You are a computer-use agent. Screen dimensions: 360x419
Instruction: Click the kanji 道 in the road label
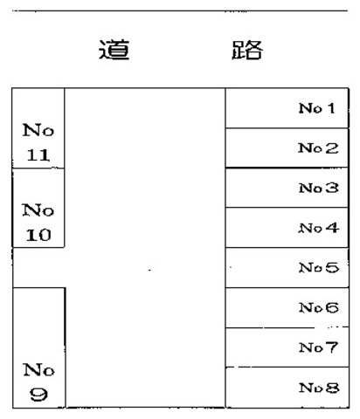tap(114, 50)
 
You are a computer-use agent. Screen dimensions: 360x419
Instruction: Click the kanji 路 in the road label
tap(247, 50)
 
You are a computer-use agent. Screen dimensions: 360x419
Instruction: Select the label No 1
tap(316, 108)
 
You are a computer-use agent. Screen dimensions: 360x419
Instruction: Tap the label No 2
tap(318, 148)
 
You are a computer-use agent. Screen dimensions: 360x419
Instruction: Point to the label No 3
tap(319, 188)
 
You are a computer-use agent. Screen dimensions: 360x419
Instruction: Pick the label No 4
tap(319, 228)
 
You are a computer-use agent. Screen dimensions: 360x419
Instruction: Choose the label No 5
tap(319, 268)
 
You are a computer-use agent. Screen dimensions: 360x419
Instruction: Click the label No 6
tap(319, 307)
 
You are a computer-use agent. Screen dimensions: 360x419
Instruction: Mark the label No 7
tap(319, 347)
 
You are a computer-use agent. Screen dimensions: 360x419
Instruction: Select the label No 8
tap(319, 388)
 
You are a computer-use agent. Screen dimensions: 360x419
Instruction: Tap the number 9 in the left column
tap(38, 395)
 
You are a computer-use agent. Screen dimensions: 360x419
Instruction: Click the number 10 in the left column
tap(38, 235)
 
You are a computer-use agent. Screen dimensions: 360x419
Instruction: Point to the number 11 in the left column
tap(38, 155)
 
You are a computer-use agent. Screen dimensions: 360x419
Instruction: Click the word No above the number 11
tap(38, 130)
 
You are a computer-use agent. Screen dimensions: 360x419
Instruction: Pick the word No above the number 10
tap(38, 210)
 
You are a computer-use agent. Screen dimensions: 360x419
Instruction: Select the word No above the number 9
tap(38, 370)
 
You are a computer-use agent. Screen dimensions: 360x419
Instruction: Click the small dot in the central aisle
tap(149, 270)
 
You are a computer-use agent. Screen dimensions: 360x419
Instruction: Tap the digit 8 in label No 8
tap(332, 388)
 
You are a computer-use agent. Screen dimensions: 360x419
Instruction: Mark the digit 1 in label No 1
tap(330, 108)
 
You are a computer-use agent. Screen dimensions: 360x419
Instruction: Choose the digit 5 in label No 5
tap(332, 268)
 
